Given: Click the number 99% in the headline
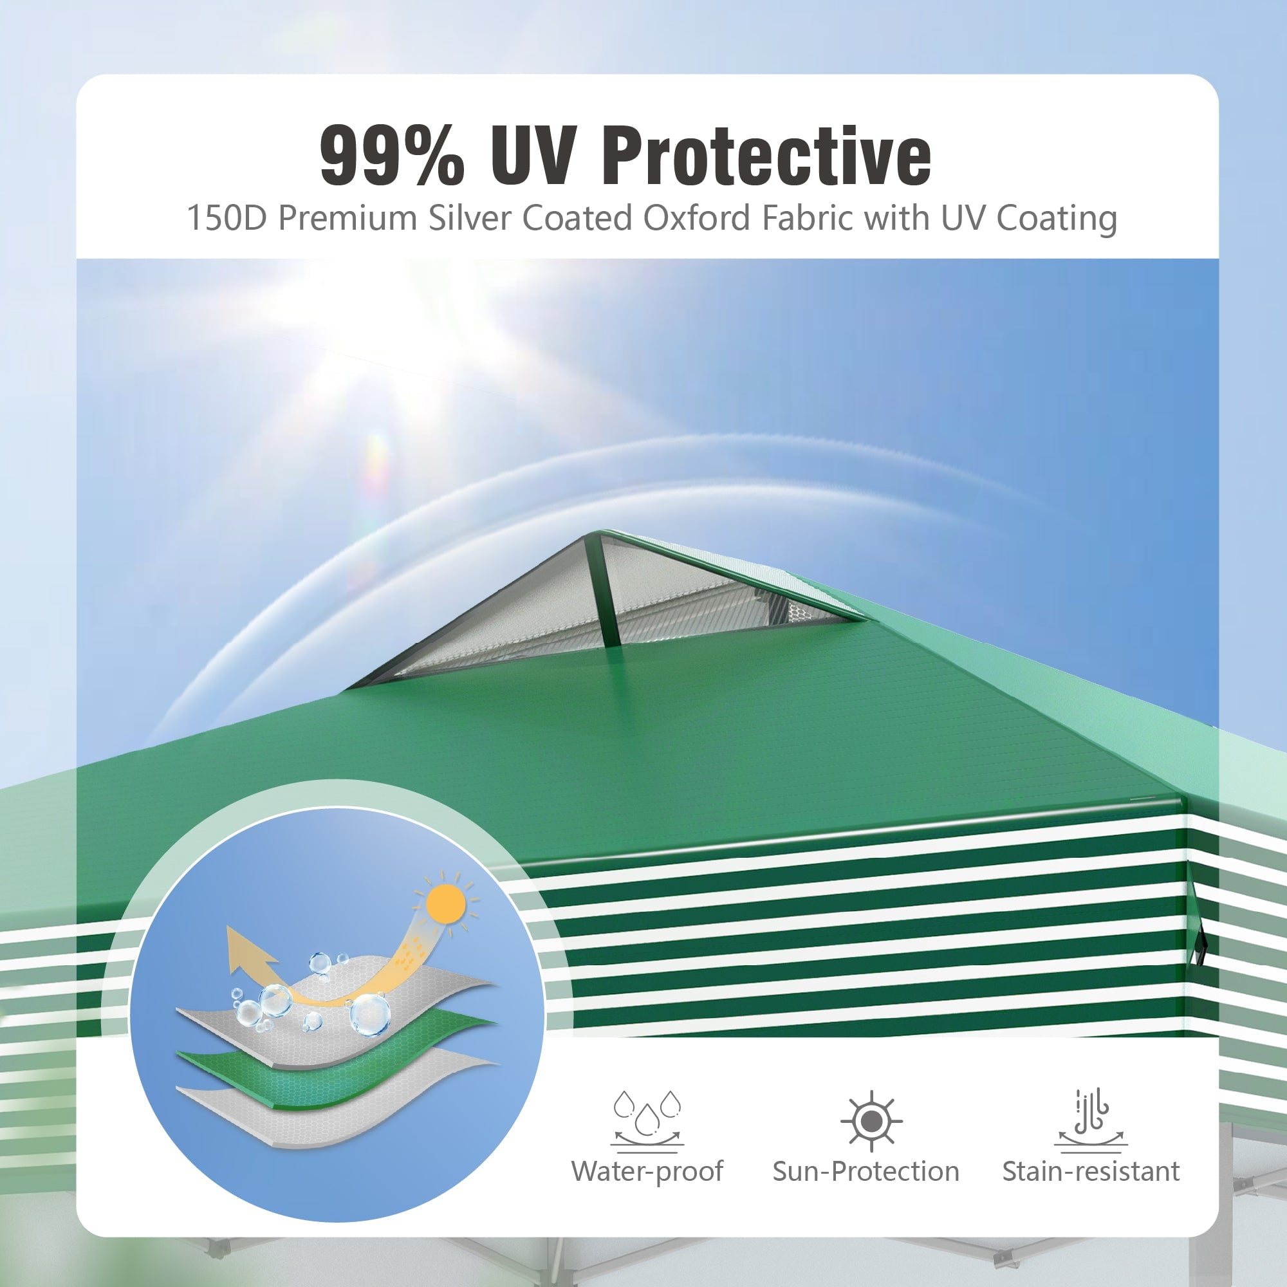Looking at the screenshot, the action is (392, 156).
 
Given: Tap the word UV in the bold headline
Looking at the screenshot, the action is (532, 156).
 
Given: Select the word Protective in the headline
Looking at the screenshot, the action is (766, 156).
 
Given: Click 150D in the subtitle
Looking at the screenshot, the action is (227, 218).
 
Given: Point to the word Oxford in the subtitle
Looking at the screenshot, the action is (697, 218).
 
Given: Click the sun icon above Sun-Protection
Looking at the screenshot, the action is (871, 1122).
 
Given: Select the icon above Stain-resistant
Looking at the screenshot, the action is (1091, 1120).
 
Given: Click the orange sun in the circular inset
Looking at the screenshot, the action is (446, 904).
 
